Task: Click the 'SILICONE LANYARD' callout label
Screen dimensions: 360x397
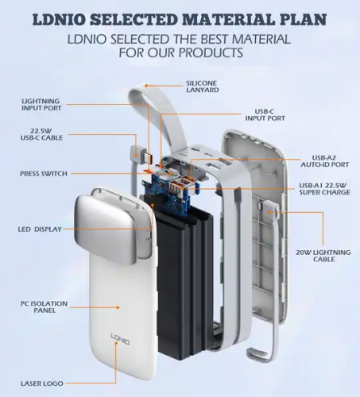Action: click(203, 87)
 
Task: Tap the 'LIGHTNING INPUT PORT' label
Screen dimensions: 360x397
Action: click(41, 105)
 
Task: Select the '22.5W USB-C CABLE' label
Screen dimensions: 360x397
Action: click(41, 134)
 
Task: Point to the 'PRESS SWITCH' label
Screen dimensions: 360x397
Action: click(44, 174)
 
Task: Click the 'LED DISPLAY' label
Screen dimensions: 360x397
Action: click(40, 229)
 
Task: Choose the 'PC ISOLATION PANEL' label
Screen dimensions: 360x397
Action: click(44, 306)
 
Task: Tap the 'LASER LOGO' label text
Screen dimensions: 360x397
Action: click(42, 384)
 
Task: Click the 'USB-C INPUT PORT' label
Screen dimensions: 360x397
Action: click(265, 114)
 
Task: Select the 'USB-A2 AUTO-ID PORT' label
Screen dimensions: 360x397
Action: click(324, 161)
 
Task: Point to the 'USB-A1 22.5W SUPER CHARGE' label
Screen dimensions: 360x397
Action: click(324, 189)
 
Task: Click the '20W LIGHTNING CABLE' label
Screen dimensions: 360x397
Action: click(323, 256)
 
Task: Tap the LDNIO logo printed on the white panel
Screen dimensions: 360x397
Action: click(120, 338)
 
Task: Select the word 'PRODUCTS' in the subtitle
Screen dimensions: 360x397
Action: click(211, 52)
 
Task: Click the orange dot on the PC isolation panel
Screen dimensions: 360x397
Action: click(118, 307)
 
